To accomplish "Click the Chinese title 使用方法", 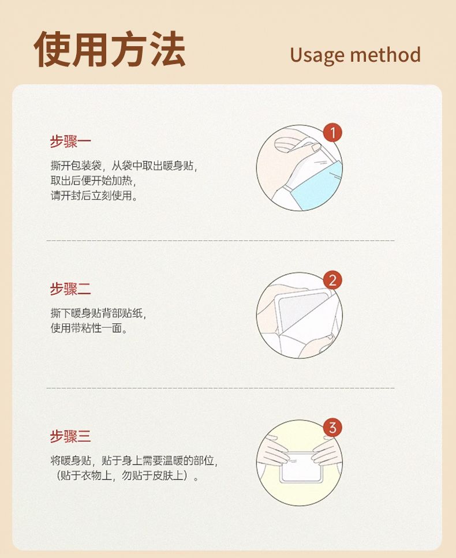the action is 110,48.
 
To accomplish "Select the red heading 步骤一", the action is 70,141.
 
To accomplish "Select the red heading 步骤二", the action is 70,289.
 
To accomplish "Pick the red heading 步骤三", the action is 70,436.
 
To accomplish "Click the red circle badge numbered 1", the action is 332,133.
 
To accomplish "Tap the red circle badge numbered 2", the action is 332,280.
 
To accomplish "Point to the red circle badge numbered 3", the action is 332,428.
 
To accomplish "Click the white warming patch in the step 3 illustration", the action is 301,467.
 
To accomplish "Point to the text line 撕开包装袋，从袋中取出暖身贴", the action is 124,166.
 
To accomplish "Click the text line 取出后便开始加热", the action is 94,181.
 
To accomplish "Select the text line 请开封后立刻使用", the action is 94,196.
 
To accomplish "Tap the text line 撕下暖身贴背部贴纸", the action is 98,313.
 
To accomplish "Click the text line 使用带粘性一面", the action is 89,328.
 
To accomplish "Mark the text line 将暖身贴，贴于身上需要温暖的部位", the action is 134,461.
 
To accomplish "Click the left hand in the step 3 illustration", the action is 274,450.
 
